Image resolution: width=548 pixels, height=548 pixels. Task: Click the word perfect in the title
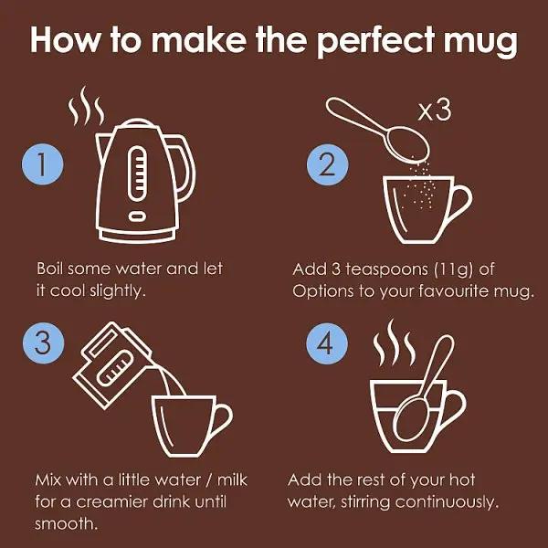point(364,42)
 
